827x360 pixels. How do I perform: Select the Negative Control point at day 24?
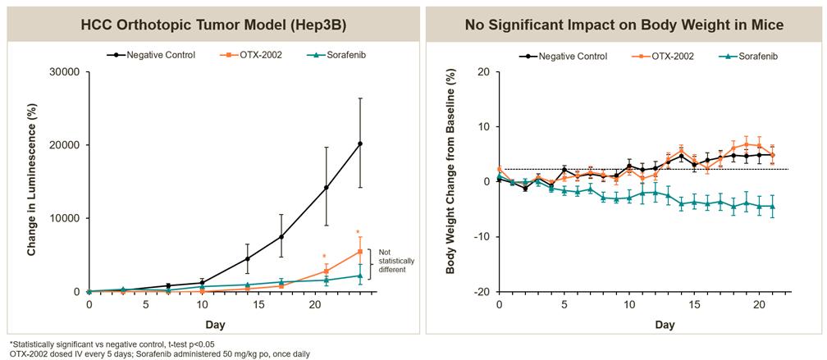click(x=360, y=144)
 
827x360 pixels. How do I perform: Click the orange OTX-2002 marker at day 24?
click(x=360, y=252)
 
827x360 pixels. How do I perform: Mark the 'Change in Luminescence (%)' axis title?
click(x=32, y=182)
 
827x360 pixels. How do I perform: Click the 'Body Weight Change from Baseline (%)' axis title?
click(x=450, y=182)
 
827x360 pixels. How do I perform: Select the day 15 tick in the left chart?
click(x=258, y=304)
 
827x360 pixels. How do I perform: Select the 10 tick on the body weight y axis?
click(x=484, y=127)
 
